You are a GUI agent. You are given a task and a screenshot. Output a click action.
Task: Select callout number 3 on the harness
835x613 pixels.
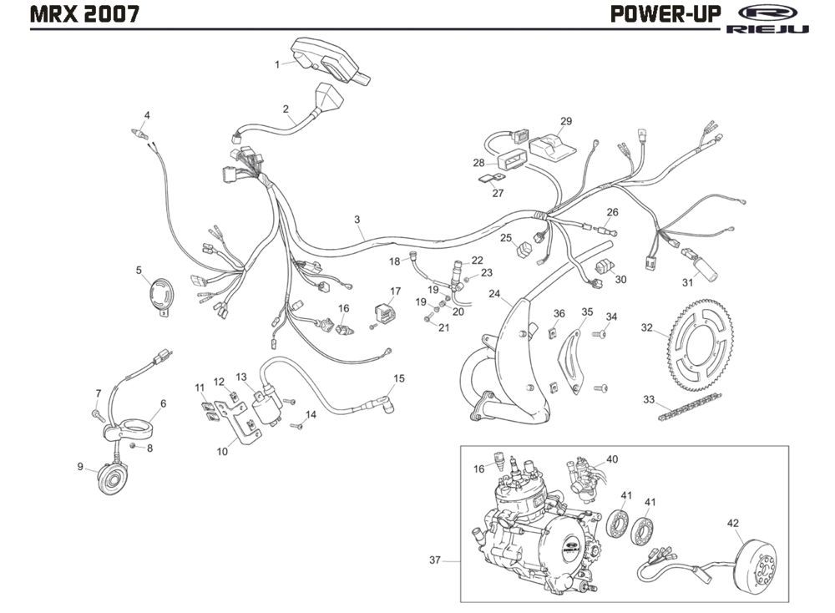point(357,220)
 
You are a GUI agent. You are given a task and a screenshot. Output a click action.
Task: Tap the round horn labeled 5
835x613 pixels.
point(158,296)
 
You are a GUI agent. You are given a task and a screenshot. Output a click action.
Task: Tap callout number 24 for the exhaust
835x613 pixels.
point(494,294)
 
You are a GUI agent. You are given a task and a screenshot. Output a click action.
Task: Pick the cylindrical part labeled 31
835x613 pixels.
point(700,266)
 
